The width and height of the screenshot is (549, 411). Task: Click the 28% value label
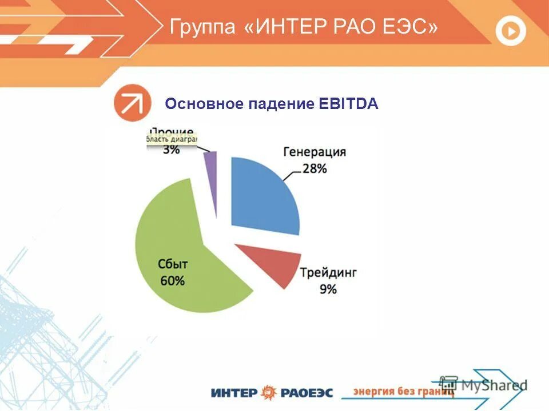(315, 169)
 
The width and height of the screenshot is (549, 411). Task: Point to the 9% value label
(328, 289)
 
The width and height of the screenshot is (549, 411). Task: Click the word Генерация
(315, 152)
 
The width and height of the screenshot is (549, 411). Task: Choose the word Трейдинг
(328, 273)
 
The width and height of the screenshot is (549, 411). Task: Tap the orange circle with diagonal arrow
(132, 103)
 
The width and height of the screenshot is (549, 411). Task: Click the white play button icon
(510, 31)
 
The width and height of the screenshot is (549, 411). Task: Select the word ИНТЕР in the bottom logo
(234, 393)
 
